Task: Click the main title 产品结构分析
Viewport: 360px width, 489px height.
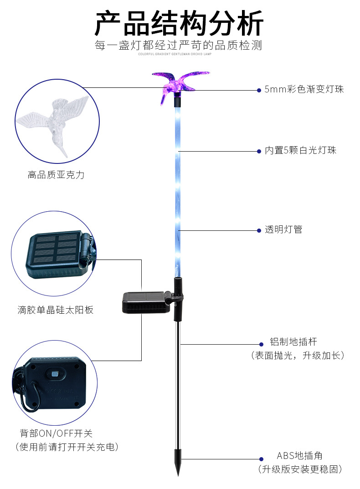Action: pos(179,24)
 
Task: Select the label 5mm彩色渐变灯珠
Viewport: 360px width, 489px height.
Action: pos(304,89)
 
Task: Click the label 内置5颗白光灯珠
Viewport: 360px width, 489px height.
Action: pos(301,150)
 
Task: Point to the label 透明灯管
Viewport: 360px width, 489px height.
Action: pos(283,229)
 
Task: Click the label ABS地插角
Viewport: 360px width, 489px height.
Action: pos(300,456)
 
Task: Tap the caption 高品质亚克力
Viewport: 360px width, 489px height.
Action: pos(56,175)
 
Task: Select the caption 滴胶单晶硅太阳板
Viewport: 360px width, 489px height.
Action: pos(56,310)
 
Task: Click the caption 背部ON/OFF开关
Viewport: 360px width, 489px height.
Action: pos(56,433)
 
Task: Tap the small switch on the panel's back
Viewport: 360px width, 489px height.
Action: pos(56,374)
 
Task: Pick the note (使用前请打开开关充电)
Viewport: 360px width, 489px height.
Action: pos(67,447)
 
